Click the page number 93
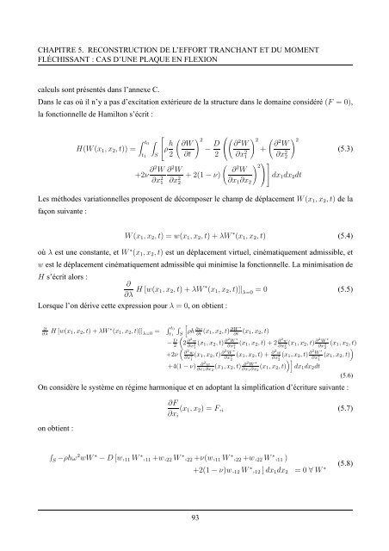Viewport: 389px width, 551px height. coord(194,514)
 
